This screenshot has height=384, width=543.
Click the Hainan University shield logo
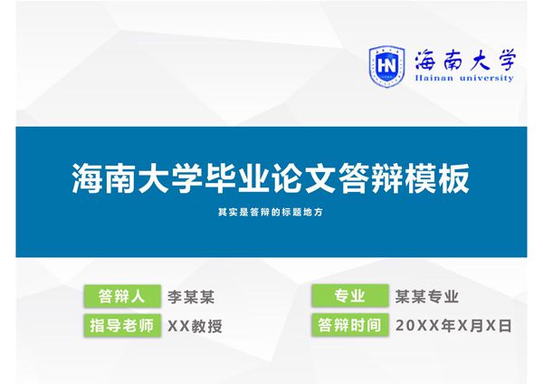[386, 64]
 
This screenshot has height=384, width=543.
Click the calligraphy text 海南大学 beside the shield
[463, 61]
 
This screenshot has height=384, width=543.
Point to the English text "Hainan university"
[463, 79]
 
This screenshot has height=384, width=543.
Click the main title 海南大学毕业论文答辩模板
[271, 177]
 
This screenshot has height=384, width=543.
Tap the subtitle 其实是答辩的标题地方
[271, 213]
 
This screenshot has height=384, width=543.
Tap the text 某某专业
[427, 296]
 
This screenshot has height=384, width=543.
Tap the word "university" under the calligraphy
[485, 79]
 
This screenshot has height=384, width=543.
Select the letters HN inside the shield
[386, 64]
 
